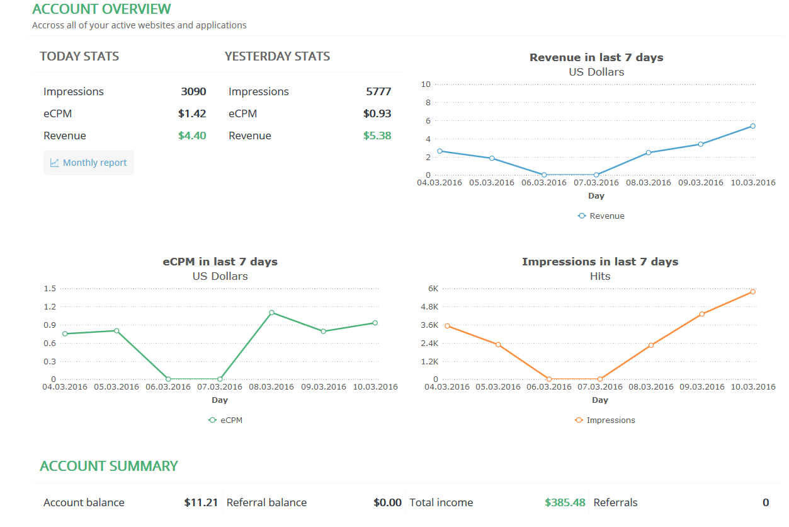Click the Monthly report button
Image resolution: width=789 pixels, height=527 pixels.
point(89,163)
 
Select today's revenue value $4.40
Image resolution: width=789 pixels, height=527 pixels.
point(192,136)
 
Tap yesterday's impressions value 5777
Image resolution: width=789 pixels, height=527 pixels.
point(378,91)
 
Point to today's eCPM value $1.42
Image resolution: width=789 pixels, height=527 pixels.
point(192,113)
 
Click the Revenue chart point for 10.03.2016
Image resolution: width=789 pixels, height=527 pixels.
point(752,126)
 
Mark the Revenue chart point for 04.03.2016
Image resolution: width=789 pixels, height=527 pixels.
point(440,151)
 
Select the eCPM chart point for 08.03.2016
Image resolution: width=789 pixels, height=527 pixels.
point(271,313)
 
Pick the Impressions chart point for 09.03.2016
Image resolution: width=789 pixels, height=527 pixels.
point(702,314)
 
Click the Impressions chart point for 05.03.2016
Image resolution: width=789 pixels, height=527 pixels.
point(498,344)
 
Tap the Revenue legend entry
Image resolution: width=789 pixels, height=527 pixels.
point(601,216)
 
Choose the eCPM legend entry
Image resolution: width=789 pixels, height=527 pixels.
point(225,420)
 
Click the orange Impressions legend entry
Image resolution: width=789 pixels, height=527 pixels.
point(605,420)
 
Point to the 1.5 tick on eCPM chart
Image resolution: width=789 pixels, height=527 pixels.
point(50,289)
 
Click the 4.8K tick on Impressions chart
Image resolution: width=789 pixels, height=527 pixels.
point(428,307)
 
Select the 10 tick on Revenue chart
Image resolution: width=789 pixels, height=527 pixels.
point(426,84)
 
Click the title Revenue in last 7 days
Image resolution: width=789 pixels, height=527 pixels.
point(596,57)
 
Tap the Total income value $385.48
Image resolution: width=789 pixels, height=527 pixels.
point(565,502)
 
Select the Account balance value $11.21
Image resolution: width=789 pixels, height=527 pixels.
point(201,502)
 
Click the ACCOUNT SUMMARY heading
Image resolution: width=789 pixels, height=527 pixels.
point(109,466)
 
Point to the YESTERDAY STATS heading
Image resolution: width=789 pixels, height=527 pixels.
point(277,56)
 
